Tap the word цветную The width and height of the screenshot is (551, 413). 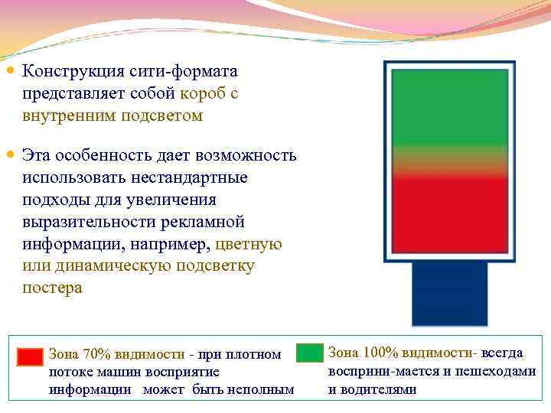point(249,245)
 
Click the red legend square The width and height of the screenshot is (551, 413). point(31,356)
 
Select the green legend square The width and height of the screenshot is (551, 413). point(310,353)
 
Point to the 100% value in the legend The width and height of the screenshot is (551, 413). point(381,353)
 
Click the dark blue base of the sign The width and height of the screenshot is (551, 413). point(449,294)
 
